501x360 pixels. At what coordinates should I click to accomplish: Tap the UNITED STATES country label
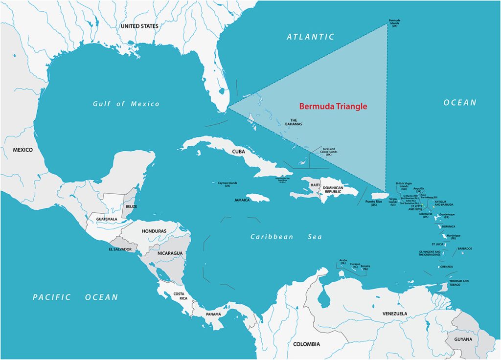[x=139, y=25]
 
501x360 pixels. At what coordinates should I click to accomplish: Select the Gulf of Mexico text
[x=126, y=104]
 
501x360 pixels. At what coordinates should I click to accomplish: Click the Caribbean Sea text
[x=286, y=237]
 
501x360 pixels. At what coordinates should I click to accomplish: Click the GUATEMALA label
[x=107, y=219]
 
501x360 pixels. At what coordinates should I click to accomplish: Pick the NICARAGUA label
[x=170, y=253]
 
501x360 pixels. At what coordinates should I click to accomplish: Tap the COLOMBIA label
[x=306, y=344]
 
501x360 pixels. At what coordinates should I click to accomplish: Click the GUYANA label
[x=463, y=339]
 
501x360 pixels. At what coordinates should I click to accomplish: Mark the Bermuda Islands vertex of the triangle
[x=387, y=25]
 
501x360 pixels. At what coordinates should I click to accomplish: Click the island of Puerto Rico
[x=380, y=196]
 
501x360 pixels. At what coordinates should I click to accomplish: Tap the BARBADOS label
[x=465, y=248]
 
